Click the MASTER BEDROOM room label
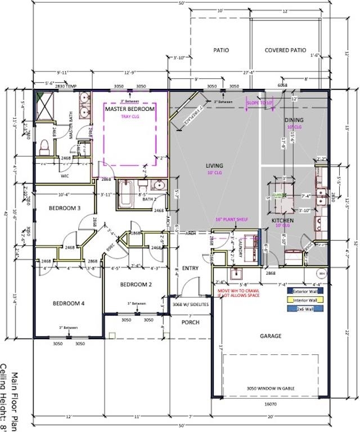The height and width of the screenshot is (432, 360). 129,109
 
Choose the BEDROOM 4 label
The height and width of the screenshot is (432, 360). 69,303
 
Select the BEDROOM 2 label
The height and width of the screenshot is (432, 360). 136,285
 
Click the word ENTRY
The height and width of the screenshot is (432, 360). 190,268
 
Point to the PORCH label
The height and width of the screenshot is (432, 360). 190,322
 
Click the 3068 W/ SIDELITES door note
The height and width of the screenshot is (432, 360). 190,304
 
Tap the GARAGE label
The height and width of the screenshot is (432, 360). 270,336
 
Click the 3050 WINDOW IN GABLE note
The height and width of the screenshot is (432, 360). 270,388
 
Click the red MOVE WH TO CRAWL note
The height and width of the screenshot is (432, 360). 238,293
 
